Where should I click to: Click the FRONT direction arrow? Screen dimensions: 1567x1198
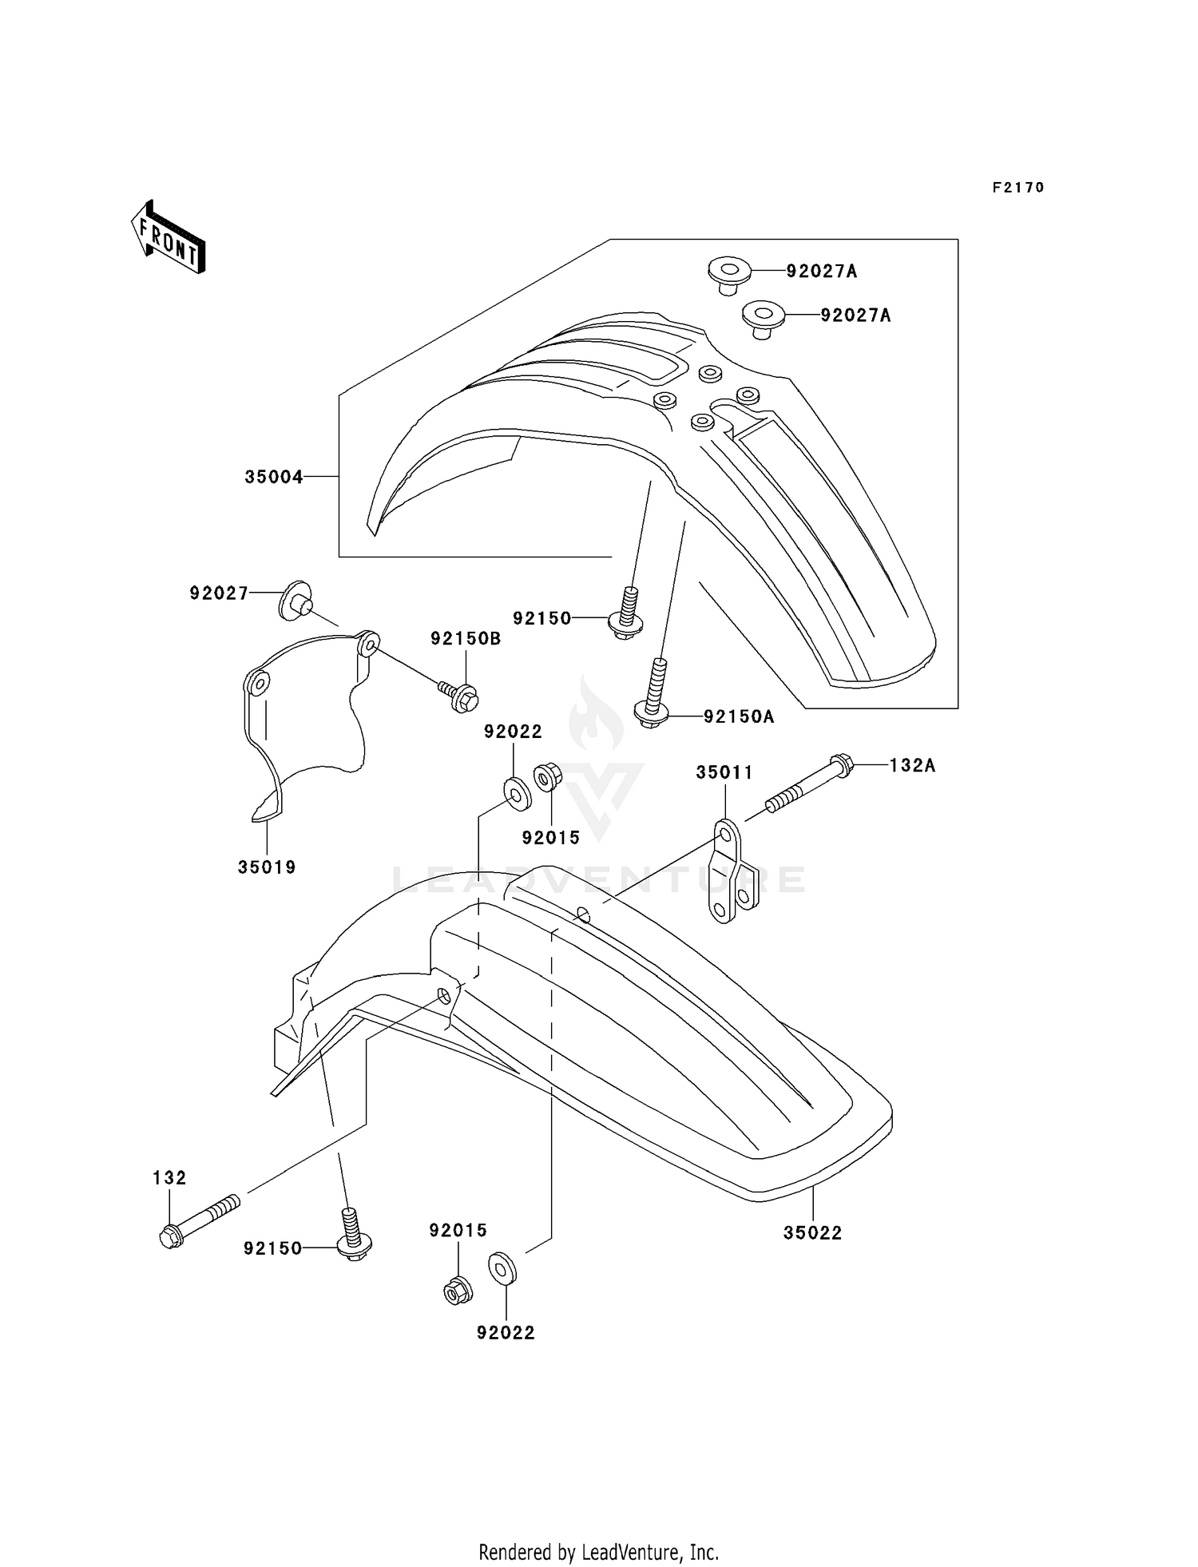point(169,238)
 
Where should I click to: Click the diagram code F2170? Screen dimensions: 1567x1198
point(1018,188)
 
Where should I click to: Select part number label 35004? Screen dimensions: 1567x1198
point(273,477)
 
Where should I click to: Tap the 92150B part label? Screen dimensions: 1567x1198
point(466,638)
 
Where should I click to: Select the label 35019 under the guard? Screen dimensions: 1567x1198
point(267,867)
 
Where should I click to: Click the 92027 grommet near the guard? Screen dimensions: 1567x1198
point(296,601)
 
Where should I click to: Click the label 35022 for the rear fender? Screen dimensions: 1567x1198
point(812,1232)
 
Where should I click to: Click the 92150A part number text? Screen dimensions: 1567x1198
point(739,716)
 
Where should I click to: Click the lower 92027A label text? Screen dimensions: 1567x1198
point(855,315)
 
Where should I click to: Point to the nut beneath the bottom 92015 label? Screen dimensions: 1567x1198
point(457,1289)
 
